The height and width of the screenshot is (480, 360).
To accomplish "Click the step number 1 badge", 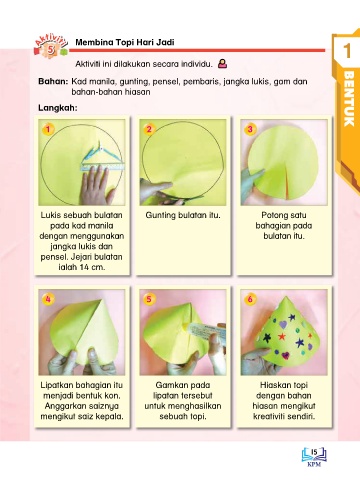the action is click(x=48, y=129).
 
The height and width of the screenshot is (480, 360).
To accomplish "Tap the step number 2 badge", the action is click(x=149, y=129).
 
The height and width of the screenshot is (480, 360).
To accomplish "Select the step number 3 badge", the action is click(x=250, y=129).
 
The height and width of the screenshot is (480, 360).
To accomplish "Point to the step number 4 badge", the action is click(x=48, y=299).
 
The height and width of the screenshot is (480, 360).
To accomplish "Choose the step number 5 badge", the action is click(x=149, y=299).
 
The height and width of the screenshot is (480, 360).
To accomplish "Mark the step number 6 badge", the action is click(x=250, y=299).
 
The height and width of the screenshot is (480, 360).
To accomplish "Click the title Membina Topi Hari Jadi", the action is click(x=125, y=42).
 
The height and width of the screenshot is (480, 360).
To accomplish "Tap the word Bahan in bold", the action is click(x=53, y=81).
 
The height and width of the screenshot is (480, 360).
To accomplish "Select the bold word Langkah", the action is click(x=58, y=108).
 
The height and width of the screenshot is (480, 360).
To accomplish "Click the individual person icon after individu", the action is click(x=223, y=63).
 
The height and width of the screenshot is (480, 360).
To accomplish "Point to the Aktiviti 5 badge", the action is click(x=51, y=46).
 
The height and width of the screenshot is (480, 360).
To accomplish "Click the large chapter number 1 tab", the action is click(x=347, y=51).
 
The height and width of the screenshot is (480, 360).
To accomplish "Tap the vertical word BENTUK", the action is click(x=349, y=98).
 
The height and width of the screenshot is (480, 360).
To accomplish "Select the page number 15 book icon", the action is click(x=314, y=456).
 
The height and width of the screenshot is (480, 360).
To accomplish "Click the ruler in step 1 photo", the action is click(x=102, y=167).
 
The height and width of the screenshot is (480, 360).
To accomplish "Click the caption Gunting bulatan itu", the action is click(x=183, y=215).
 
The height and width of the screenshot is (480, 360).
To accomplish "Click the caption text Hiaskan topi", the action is click(x=284, y=385).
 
